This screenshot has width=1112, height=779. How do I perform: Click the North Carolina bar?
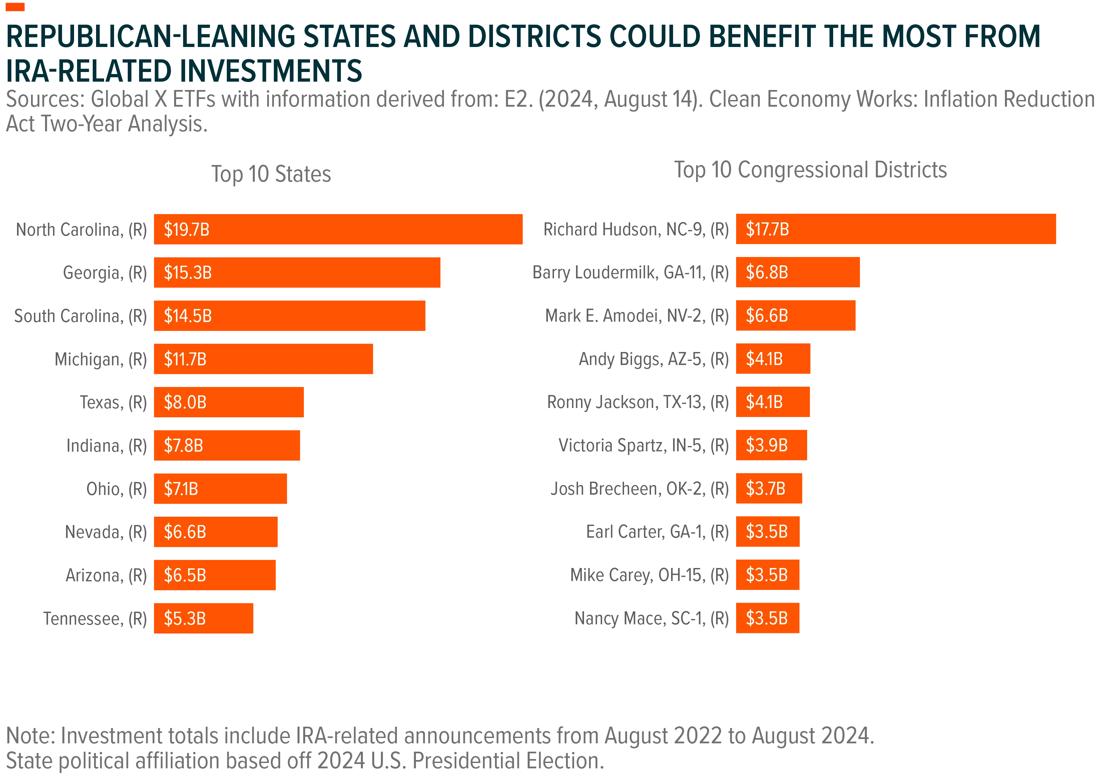coord(338,229)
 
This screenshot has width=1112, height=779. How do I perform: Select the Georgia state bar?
coord(297,273)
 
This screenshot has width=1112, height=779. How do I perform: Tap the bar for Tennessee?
coord(203,618)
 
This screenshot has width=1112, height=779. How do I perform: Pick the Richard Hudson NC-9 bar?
coord(896,229)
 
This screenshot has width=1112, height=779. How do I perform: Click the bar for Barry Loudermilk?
coord(798,272)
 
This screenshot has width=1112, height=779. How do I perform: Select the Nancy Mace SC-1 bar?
coord(768,618)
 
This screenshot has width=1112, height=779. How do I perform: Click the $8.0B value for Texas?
coord(185,402)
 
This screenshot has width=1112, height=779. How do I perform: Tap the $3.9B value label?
coord(767,445)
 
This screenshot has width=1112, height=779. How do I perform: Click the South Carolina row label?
coord(80,316)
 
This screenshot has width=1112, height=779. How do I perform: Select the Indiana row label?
coord(106,445)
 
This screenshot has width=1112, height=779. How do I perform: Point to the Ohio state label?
coord(117,489)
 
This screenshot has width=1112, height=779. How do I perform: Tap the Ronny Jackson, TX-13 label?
coord(638,402)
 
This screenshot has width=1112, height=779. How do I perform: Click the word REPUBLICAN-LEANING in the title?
coord(151,37)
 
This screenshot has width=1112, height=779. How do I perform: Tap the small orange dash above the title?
coord(15,7)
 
